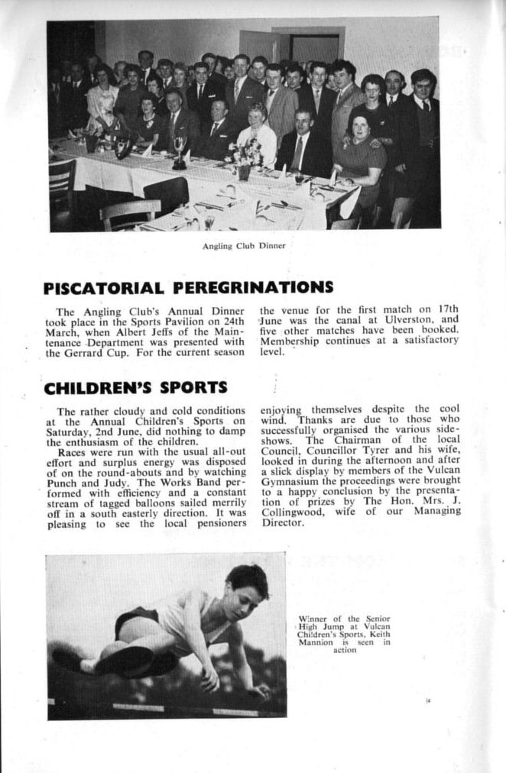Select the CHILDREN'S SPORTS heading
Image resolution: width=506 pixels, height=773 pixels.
[x=135, y=387]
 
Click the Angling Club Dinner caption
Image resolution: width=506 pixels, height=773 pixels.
[x=243, y=246]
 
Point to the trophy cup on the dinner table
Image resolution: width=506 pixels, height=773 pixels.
[x=180, y=151]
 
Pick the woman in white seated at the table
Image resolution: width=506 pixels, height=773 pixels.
[x=256, y=137]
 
